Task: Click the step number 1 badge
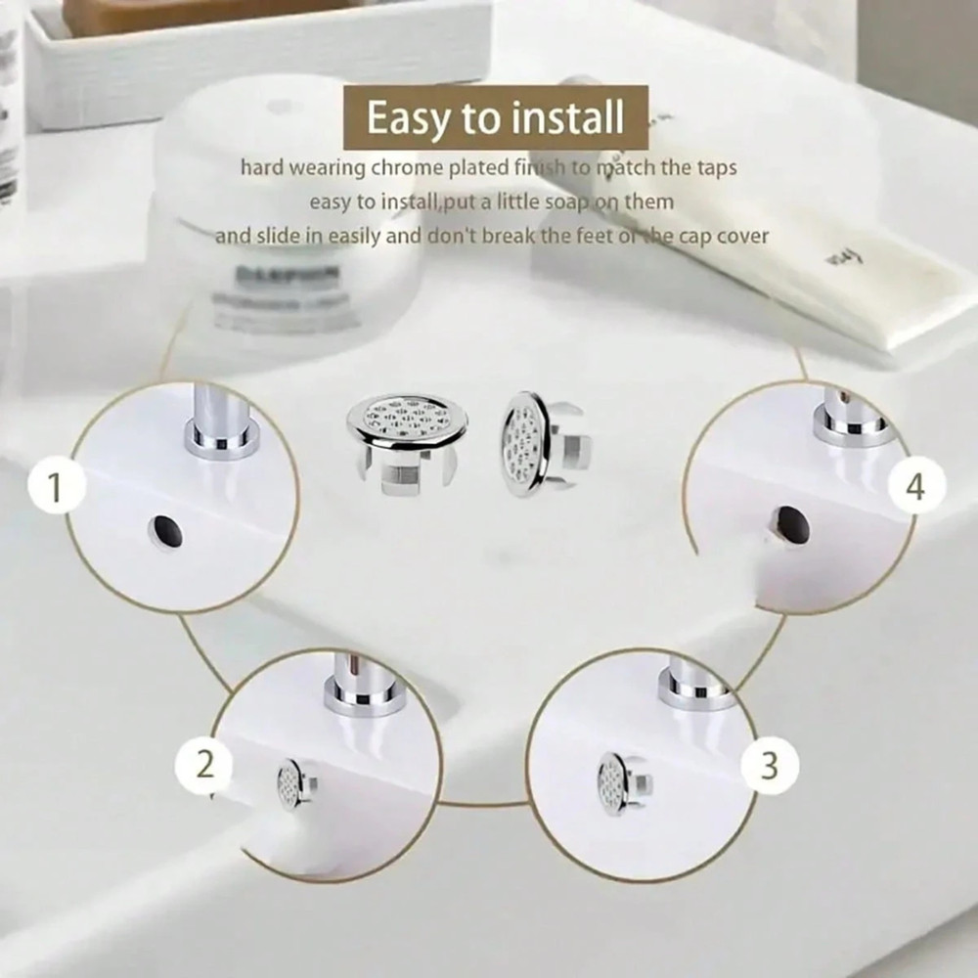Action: (x=55, y=487)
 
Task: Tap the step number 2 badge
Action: (x=204, y=763)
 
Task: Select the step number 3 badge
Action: (x=770, y=765)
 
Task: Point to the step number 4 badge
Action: (x=914, y=486)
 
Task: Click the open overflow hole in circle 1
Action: (x=164, y=531)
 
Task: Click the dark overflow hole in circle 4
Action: (x=788, y=527)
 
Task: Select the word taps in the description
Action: (x=714, y=168)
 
